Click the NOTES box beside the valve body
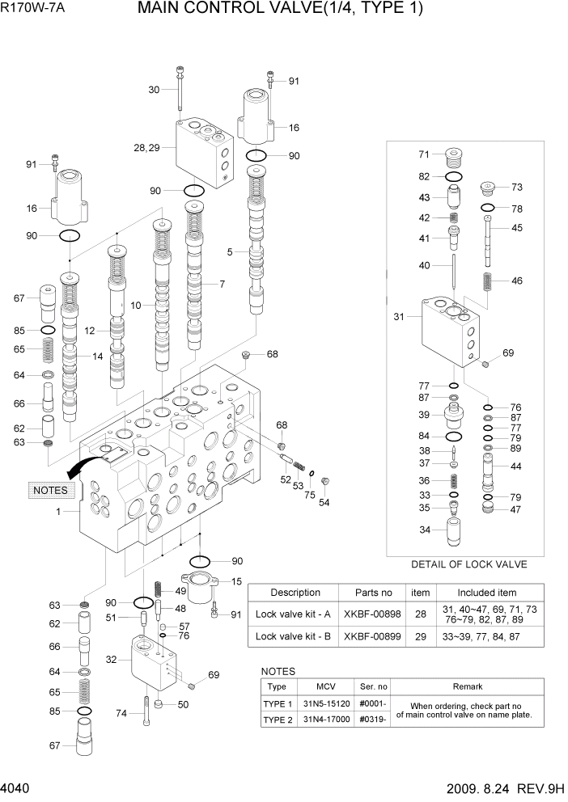point(50,490)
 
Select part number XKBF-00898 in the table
point(368,614)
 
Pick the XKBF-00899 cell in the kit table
point(368,636)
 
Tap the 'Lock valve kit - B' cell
point(295,636)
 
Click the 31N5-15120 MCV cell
point(326,703)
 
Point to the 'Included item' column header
point(486,593)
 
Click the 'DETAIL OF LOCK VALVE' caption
point(468,564)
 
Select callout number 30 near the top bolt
point(155,90)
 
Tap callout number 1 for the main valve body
point(58,512)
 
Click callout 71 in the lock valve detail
point(423,154)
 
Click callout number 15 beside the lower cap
point(236,581)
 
